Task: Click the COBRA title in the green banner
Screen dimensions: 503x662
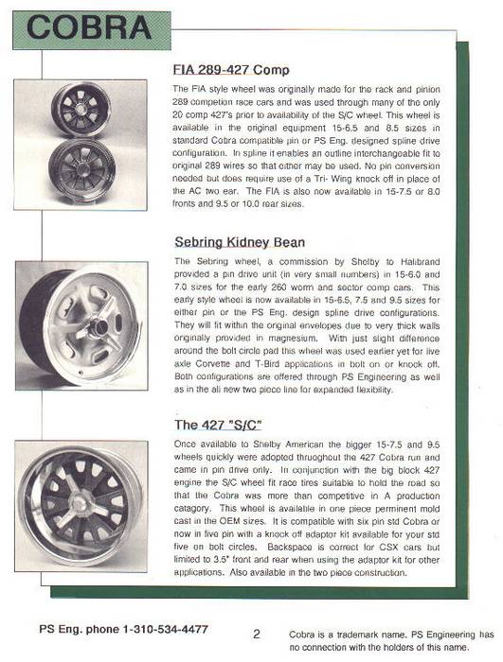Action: click(x=89, y=28)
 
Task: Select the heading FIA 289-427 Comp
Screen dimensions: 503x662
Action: click(x=231, y=70)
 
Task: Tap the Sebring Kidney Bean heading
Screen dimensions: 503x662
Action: click(x=240, y=242)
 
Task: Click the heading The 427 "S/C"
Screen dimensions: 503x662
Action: click(x=218, y=425)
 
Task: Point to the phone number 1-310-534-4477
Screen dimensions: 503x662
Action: click(x=166, y=629)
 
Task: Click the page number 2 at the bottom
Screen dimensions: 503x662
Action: click(x=257, y=634)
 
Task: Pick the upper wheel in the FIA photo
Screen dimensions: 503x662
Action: click(x=81, y=110)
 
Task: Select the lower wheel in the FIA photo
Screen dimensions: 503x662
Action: click(x=82, y=169)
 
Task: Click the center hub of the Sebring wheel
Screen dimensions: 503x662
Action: click(x=99, y=325)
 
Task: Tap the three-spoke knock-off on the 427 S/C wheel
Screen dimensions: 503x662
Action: click(x=79, y=504)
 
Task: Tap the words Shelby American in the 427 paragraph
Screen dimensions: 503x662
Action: click(x=288, y=444)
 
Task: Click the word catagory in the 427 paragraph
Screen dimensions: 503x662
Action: click(x=191, y=509)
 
